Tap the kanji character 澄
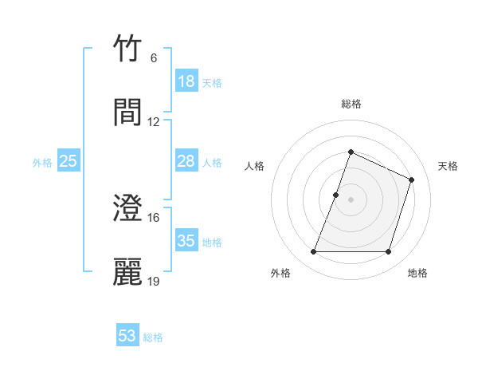(128, 209)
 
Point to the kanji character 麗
(128, 272)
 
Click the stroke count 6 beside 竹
(154, 58)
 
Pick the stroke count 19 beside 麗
(154, 281)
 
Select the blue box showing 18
(186, 81)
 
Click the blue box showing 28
(186, 161)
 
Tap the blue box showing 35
(186, 241)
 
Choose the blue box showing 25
(69, 161)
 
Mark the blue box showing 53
(127, 336)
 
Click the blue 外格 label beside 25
(42, 163)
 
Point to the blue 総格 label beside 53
(154, 337)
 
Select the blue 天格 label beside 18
(212, 83)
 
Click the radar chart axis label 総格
(351, 104)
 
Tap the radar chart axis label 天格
(449, 166)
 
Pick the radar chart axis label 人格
(255, 166)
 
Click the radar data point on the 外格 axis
(313, 252)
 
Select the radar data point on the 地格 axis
(389, 252)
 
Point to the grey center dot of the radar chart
(351, 199)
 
